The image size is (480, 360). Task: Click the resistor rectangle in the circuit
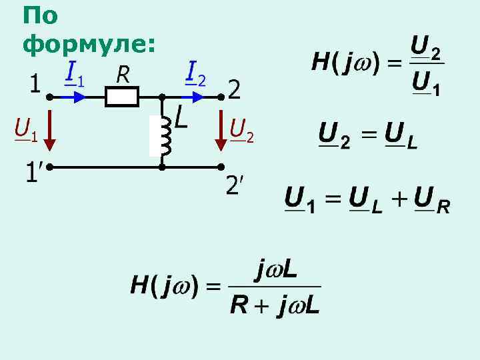121,98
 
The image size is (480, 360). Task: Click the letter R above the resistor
123,75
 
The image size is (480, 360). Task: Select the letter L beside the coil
180,119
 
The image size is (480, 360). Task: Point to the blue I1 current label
74,73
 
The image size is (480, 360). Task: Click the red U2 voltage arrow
221,133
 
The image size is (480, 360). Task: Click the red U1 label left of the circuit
25,128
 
